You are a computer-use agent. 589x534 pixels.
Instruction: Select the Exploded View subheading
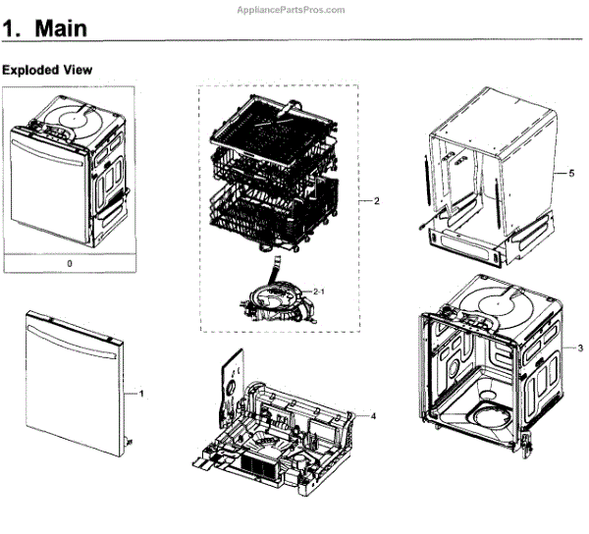point(47,70)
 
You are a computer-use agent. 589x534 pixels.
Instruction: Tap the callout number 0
point(69,264)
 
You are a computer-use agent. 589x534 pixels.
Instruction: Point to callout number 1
point(141,394)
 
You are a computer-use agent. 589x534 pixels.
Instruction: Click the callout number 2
point(376,200)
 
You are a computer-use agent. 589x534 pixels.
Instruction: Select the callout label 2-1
point(320,292)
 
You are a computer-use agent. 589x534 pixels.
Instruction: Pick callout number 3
point(580,348)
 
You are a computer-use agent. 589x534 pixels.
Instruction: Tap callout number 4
point(372,416)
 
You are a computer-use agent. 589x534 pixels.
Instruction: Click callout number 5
point(568,173)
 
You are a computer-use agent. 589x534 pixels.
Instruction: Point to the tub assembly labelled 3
point(481,373)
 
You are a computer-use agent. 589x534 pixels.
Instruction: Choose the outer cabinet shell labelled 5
point(481,167)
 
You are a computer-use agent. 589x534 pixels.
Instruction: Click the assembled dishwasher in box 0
point(69,177)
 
